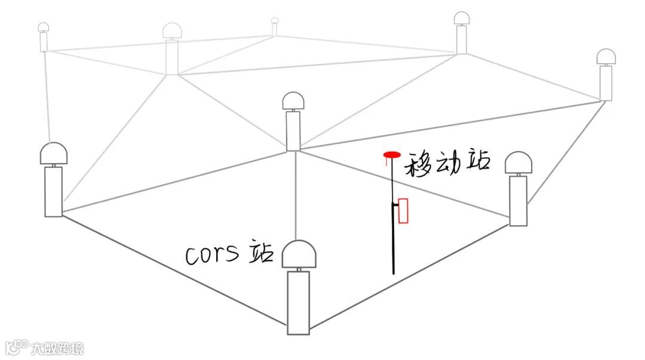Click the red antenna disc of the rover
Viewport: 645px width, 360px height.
[392, 155]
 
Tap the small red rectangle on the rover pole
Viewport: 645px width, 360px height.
[403, 211]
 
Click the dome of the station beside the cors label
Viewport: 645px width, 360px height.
[299, 255]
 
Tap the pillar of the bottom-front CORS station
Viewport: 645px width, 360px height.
[299, 302]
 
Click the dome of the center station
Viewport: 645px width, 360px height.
[293, 101]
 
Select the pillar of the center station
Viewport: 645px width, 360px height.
[293, 131]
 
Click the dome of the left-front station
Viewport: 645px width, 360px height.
[54, 154]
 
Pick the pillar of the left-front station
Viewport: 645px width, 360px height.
[53, 191]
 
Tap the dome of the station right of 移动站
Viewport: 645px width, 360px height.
[518, 163]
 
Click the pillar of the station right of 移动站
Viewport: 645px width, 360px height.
[518, 201]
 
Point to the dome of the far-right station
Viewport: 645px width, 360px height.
[606, 57]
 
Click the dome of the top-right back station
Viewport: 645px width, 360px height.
[462, 19]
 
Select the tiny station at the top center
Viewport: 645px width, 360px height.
[275, 24]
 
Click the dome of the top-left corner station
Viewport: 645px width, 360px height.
[43, 27]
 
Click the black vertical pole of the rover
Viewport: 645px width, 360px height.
[393, 239]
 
